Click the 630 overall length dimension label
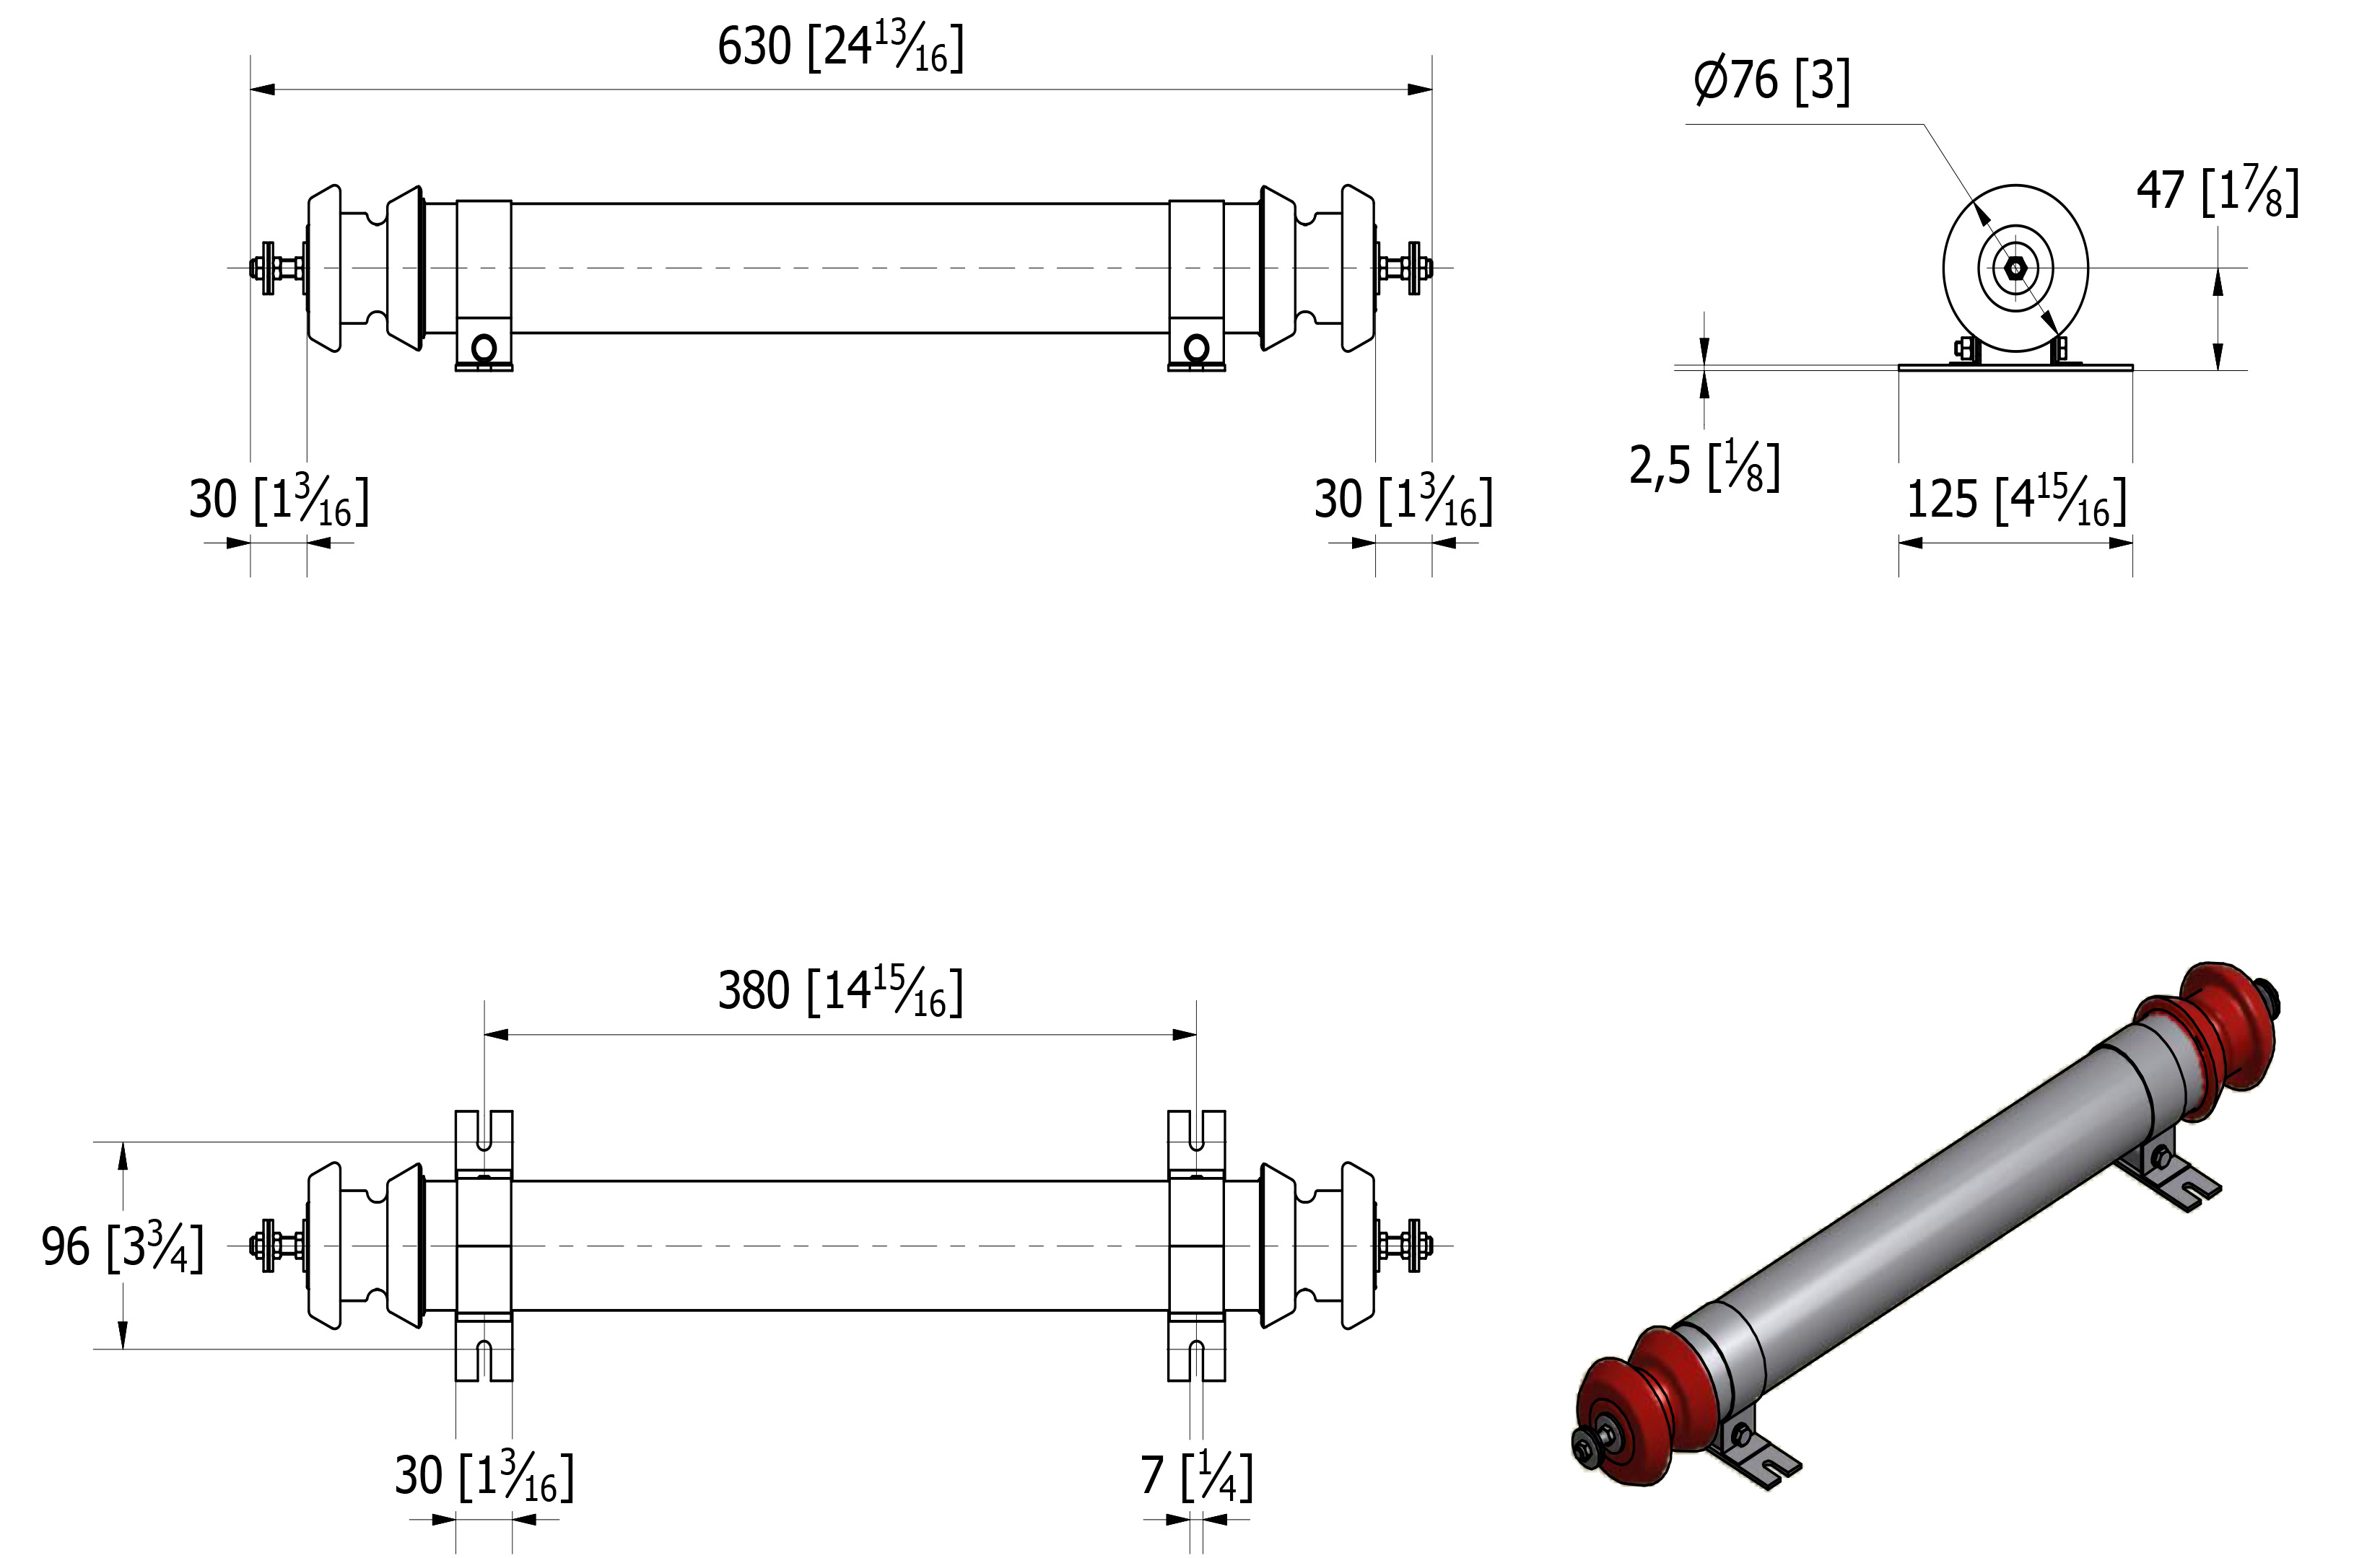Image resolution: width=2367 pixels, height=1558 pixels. (840, 48)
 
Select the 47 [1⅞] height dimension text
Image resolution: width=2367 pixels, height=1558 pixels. (2218, 192)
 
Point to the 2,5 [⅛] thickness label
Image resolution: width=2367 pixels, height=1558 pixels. (1704, 465)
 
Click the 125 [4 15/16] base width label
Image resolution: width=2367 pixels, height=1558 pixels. (2016, 500)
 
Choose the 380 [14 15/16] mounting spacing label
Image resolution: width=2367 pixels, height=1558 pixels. (840, 992)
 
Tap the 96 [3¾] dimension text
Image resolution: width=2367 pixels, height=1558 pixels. (122, 1247)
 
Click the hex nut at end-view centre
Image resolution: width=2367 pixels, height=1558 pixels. (2015, 268)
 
